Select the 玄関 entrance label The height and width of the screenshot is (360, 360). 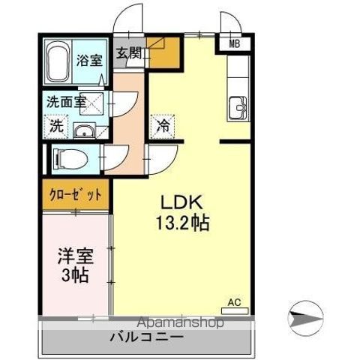pyautogui.click(x=129, y=52)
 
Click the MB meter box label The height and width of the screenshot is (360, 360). pyautogui.click(x=234, y=43)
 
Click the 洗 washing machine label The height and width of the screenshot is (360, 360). pyautogui.click(x=56, y=126)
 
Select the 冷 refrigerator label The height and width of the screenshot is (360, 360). pyautogui.click(x=162, y=126)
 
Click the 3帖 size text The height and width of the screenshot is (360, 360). pyautogui.click(x=74, y=275)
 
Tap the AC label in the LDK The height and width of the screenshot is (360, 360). pyautogui.click(x=234, y=302)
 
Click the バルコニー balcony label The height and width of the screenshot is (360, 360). pyautogui.click(x=147, y=338)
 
